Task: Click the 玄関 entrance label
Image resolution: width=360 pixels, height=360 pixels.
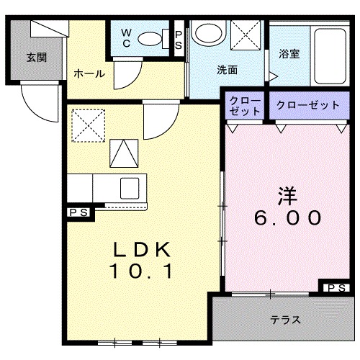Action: click(37, 57)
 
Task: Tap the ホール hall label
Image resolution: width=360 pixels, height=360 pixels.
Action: click(89, 73)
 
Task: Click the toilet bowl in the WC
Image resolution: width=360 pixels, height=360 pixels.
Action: click(150, 38)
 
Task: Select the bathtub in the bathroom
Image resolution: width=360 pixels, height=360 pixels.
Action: click(328, 52)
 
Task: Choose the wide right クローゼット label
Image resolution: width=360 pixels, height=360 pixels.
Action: click(307, 105)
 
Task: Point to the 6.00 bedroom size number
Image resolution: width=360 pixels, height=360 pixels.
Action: click(287, 216)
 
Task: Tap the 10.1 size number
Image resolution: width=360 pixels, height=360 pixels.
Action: click(142, 271)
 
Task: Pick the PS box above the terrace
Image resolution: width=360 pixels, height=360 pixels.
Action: click(335, 288)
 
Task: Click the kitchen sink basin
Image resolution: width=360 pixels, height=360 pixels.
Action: click(130, 186)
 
